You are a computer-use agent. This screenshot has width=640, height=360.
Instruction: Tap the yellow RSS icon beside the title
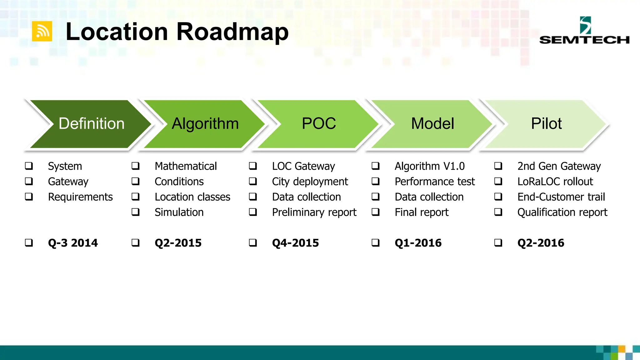click(42, 31)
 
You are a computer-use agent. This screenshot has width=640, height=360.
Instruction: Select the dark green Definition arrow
click(91, 124)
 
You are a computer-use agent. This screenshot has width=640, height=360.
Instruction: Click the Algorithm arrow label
click(205, 124)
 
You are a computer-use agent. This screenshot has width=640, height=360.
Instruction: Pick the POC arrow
click(318, 124)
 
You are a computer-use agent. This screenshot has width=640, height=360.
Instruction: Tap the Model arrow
click(432, 124)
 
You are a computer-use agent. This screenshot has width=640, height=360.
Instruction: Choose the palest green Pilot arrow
click(546, 124)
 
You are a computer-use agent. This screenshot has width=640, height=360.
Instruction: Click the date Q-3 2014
click(73, 243)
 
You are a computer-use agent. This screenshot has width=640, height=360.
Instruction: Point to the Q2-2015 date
click(178, 243)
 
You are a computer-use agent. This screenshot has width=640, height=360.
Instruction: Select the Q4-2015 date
click(295, 243)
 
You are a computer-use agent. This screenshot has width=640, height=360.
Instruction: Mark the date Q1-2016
click(418, 243)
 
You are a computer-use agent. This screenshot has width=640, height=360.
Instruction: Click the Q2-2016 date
click(541, 243)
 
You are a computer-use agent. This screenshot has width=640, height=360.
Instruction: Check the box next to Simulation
click(135, 212)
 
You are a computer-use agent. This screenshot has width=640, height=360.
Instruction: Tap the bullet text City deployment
click(310, 182)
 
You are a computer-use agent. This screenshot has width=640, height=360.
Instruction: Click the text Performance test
click(434, 182)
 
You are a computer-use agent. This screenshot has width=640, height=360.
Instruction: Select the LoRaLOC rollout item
click(555, 182)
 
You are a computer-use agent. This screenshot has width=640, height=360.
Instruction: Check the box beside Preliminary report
click(253, 212)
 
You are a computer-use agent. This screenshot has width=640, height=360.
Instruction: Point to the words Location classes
click(192, 197)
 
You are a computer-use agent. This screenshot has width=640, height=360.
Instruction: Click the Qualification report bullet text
click(562, 212)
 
